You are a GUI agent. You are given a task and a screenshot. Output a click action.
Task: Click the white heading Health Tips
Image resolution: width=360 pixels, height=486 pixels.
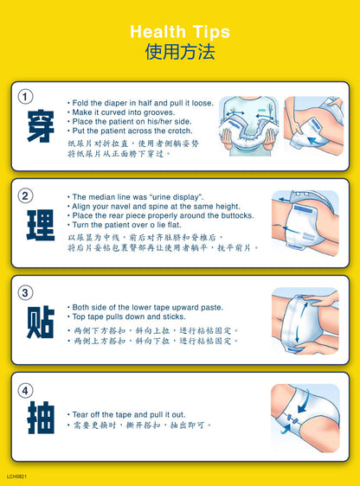180,32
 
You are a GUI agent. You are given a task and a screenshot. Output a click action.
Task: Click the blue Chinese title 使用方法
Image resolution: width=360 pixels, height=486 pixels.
180,51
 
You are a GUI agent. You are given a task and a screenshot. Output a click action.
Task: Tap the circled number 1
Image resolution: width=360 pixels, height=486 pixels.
25,96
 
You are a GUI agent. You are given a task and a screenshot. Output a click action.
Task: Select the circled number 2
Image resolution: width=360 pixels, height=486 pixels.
25,195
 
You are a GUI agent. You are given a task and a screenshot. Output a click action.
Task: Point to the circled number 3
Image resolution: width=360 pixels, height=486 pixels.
25,292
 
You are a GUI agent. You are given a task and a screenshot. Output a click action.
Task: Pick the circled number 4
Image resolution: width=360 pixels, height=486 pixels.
25,390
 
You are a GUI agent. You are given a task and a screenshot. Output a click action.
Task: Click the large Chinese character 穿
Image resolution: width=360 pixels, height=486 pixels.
41,126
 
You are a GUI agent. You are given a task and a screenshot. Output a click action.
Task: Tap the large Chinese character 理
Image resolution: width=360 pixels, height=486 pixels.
41,226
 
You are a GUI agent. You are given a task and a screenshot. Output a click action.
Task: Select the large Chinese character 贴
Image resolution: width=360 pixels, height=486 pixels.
41,323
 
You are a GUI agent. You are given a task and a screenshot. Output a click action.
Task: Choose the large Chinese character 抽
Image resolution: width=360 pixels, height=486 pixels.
41,418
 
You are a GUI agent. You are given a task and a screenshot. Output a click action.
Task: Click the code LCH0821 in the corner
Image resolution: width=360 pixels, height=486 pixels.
16,476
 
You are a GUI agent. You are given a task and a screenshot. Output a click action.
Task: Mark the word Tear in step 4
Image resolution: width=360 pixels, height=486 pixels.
80,414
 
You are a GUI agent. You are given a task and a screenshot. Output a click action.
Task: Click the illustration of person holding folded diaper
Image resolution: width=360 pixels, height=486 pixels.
248,126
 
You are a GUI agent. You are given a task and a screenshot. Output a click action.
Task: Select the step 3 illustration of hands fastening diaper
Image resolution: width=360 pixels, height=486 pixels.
305,321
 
